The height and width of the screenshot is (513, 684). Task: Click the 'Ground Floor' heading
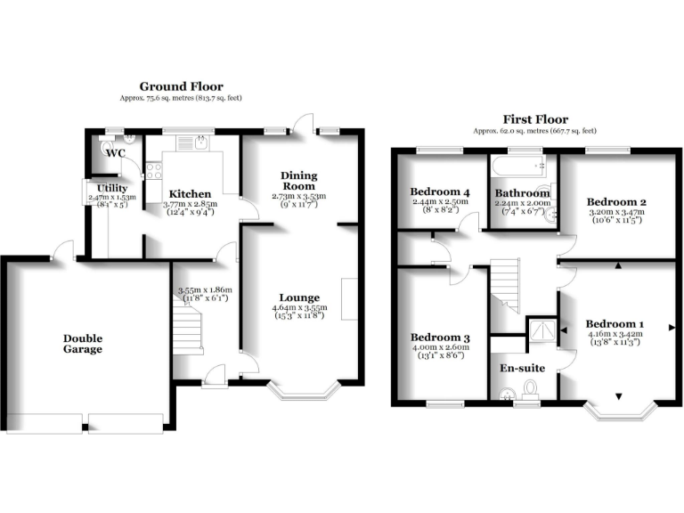coord(182,86)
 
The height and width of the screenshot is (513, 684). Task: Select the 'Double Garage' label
coord(82,344)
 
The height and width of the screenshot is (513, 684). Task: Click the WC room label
coord(116,153)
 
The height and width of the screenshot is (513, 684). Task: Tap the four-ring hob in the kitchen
coord(152,167)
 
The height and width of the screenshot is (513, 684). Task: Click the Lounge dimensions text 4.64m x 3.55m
coord(299,308)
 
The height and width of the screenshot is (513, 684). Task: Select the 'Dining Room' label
coord(299,181)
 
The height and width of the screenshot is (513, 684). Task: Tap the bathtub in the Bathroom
coord(522,165)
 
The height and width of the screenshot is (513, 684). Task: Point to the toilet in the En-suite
coord(531,387)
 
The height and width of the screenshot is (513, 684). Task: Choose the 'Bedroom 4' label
coord(439,191)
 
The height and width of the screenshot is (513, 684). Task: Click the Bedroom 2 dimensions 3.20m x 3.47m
coord(618,215)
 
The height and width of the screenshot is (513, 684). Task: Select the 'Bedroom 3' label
coord(439,338)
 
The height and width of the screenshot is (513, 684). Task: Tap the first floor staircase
coord(507,283)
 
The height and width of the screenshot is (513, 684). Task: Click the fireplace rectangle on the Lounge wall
coord(349,298)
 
